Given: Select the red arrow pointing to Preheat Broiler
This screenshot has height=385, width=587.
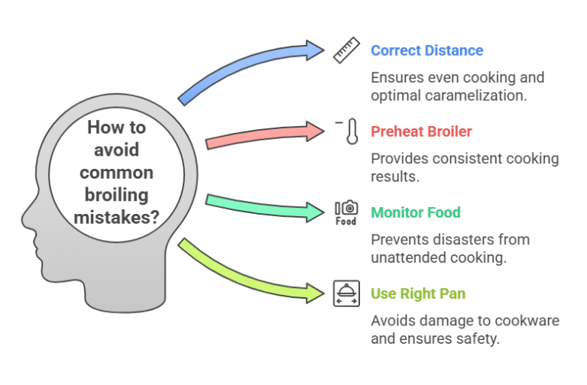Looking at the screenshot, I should click(264, 135).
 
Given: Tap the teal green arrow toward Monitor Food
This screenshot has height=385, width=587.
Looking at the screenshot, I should click(264, 205).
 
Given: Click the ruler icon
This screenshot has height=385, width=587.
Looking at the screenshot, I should click(346, 51).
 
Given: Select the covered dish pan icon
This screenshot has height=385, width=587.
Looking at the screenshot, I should click(346, 293).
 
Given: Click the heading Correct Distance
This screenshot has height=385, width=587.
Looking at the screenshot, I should click(426, 51).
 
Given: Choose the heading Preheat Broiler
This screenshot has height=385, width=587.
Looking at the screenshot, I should click(421, 131).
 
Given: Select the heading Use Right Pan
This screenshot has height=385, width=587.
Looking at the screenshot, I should click(417, 293).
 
